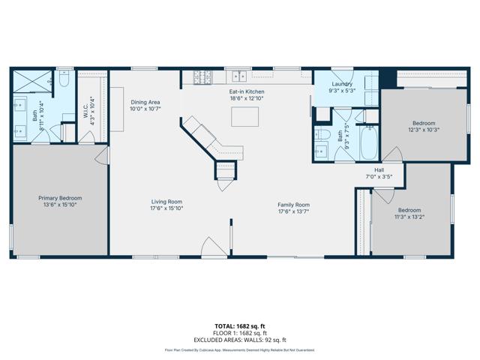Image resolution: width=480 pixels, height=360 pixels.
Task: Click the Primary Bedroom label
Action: point(60,198)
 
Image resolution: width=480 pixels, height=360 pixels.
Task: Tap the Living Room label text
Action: point(167,202)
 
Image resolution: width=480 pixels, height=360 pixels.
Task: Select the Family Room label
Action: point(293,205)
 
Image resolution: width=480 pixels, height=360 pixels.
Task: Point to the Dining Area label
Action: point(145,102)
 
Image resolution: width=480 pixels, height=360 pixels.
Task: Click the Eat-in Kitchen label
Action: point(247,91)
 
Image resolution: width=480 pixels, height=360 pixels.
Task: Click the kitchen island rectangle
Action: point(244,116)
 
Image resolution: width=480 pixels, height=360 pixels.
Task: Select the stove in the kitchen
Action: point(202,76)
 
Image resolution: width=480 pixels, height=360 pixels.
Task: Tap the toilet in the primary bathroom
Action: point(64,79)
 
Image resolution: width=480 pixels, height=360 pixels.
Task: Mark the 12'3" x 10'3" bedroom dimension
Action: point(423,130)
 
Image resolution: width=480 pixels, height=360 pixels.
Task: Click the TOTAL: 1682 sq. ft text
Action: point(239,325)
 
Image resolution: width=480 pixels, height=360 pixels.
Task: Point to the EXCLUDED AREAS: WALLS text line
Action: point(239,340)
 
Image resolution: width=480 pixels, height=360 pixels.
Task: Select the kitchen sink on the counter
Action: point(240,76)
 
